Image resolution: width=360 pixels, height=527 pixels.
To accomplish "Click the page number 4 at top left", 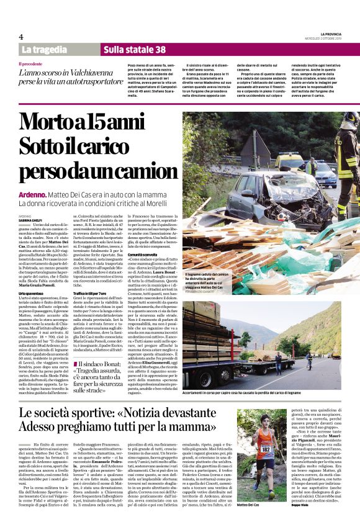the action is [x=21, y=37].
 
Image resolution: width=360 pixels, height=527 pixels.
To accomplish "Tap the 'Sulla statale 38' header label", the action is [x=135, y=50].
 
